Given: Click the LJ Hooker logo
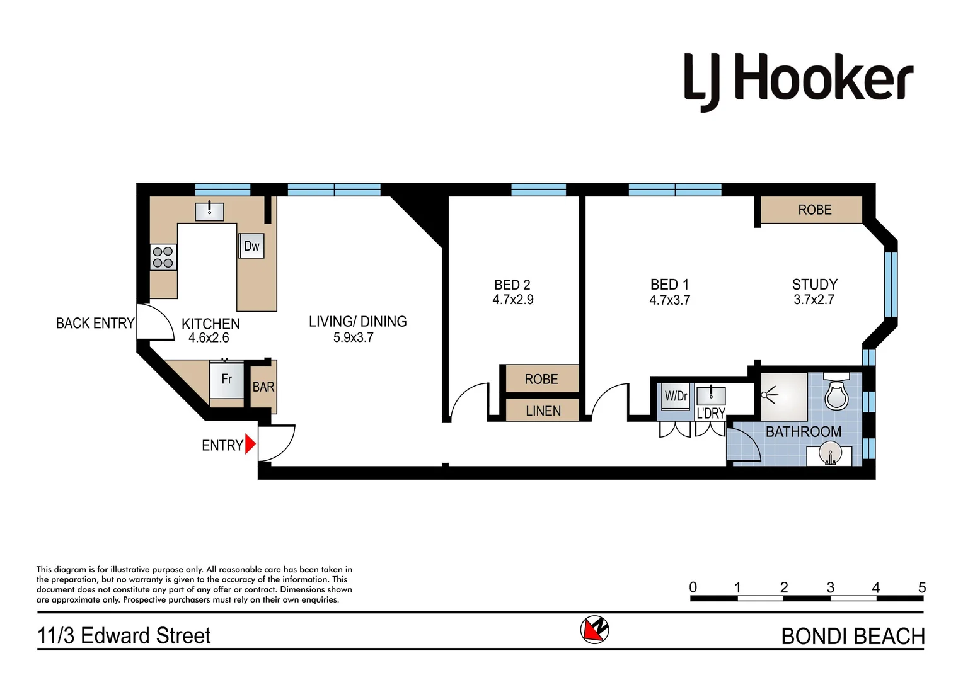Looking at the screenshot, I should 798,81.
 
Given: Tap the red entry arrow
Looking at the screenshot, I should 250,445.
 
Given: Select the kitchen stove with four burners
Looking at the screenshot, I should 163,258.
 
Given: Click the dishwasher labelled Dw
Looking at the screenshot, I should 251,246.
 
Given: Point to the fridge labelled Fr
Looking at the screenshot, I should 226,380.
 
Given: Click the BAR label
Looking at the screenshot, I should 263,387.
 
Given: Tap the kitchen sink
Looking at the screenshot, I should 209,211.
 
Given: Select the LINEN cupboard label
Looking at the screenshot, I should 543,411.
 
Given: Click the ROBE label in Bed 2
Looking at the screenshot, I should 541,379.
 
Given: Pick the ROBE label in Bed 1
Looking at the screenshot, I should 814,210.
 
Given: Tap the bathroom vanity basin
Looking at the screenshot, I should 830,455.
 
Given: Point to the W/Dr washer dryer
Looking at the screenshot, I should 676,397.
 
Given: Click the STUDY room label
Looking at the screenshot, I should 814,285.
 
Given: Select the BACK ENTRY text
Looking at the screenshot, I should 95,324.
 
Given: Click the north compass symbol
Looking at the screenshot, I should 594,629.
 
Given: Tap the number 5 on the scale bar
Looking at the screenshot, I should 921,587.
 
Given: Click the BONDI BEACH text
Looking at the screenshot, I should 852,637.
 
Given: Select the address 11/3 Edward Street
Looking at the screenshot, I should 124,636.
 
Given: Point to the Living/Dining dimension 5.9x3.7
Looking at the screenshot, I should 353,337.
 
